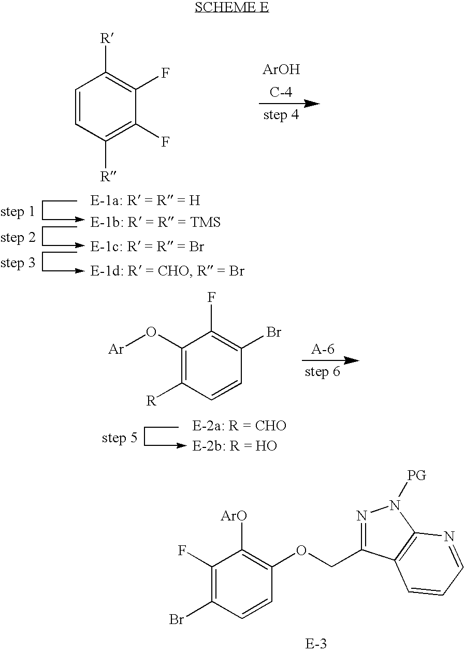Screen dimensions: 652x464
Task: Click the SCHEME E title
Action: coord(231,7)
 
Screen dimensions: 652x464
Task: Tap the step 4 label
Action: coord(281,114)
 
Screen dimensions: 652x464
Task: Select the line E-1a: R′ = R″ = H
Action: coord(145,200)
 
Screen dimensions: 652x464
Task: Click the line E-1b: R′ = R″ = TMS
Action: coord(155,222)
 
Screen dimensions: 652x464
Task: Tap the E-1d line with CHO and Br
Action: coord(167,270)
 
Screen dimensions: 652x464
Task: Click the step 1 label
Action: coord(18,211)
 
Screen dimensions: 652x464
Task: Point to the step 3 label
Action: coord(18,263)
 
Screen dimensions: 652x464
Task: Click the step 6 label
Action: coord(323,371)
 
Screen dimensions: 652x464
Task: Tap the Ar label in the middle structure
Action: coord(116,350)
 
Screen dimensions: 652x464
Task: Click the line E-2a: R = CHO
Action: coord(239,426)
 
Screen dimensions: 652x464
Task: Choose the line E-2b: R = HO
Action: coord(235,446)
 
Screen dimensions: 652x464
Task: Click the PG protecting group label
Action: coord(416,475)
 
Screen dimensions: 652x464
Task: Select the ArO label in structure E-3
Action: coord(234,516)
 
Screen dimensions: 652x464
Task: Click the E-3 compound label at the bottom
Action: coord(316,643)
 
